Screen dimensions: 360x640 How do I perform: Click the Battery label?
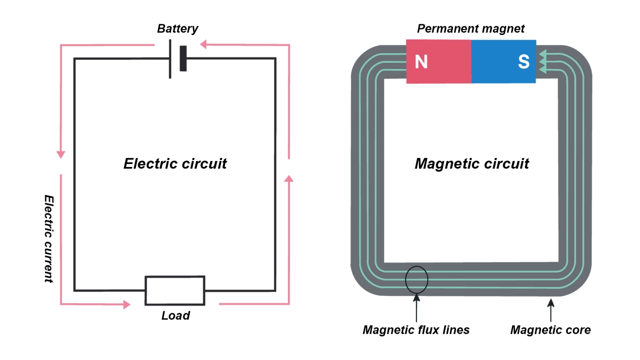(177, 29)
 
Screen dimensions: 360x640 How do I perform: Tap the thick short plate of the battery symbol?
(183, 58)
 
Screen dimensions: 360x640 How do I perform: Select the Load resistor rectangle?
(175, 291)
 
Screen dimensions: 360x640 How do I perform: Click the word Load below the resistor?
(175, 316)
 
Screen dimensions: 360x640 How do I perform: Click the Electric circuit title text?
(175, 164)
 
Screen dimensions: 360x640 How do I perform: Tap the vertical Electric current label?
(48, 238)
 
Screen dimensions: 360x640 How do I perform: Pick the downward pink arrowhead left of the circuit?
(61, 154)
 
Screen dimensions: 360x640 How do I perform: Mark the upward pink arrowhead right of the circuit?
(289, 178)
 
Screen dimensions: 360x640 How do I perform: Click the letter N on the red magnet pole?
(421, 62)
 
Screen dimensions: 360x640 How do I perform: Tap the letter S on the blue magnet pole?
(523, 62)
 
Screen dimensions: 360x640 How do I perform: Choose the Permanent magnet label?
(471, 29)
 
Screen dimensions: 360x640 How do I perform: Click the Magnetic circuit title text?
(472, 164)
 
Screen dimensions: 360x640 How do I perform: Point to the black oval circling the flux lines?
(416, 279)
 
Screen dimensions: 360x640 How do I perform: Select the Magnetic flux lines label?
(416, 330)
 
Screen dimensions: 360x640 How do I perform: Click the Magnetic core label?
(550, 330)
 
